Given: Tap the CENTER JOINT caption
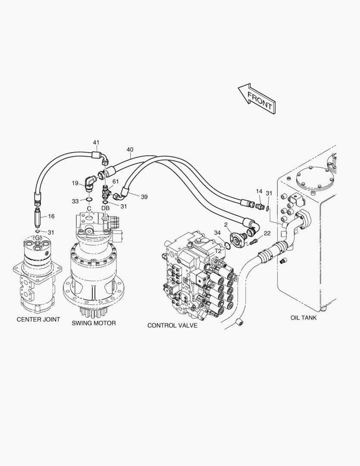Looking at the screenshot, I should click(x=38, y=320).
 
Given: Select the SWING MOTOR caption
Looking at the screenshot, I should click(x=94, y=323).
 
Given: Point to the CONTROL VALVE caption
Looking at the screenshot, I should click(x=172, y=325).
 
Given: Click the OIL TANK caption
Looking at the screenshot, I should click(x=304, y=318).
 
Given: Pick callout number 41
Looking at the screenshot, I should click(x=96, y=142).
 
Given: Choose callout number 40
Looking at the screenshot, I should click(x=130, y=150).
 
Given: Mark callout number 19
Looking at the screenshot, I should click(x=75, y=183).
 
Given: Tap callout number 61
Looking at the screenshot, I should click(x=116, y=182).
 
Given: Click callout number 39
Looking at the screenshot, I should click(x=144, y=197).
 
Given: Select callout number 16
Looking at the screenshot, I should click(x=51, y=216).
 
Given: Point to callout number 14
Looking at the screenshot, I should click(x=259, y=191).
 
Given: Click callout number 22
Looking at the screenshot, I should click(x=267, y=233).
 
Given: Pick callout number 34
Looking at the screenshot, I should click(x=217, y=233).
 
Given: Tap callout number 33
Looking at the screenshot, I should click(x=75, y=201).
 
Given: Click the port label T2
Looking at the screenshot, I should click(x=218, y=251).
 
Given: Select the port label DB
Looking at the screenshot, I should click(x=106, y=208).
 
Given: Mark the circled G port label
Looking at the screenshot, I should click(x=38, y=238).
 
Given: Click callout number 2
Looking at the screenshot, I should click(x=225, y=224).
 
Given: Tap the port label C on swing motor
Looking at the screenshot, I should click(x=89, y=208).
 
